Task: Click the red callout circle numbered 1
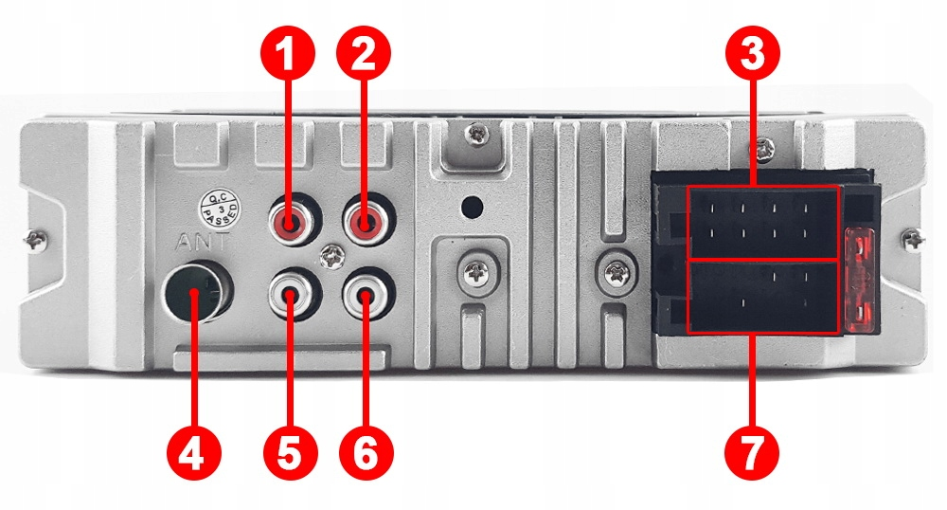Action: (291, 55)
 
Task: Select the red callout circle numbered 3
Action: (753, 55)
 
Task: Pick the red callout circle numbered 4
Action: (192, 453)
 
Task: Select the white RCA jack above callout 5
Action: (291, 298)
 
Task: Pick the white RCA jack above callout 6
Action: (366, 298)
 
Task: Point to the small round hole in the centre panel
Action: (471, 205)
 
